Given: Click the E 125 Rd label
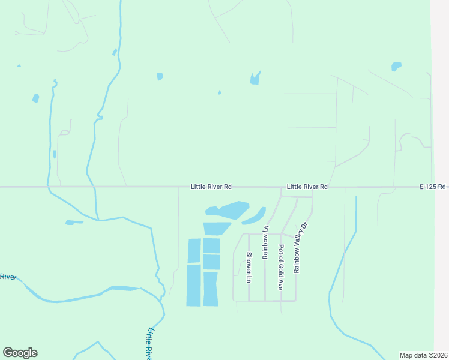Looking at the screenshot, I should coord(433,187).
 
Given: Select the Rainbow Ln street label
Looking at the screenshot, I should coord(265,242).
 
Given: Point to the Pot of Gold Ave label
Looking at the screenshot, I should coord(280,268).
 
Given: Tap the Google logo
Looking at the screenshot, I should coord(20,353).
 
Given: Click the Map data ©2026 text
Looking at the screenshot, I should coord(424,355).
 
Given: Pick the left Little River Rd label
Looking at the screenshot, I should coord(211,187).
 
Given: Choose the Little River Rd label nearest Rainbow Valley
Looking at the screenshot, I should coord(307,187).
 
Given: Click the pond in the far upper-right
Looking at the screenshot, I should coord(396,66).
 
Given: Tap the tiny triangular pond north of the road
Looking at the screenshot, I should coord(220,92).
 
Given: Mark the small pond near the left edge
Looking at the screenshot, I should coord(35,98).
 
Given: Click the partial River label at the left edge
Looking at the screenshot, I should coord(7,277).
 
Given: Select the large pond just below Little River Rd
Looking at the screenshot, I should coord(233,210).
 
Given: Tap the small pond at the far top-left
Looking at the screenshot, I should coord(19,65).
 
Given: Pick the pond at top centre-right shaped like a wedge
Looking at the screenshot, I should coord(255,79).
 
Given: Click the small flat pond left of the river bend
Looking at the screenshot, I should coord(74,223).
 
